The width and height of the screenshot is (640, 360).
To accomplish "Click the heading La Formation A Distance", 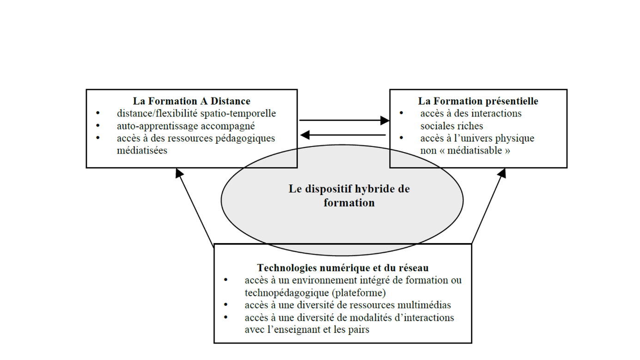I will click(191, 101).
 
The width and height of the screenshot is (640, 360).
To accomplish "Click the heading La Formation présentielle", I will click(478, 101).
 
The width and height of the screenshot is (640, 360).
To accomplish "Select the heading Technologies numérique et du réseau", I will click(342, 268).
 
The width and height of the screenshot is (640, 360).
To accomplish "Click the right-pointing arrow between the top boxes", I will click(344, 121).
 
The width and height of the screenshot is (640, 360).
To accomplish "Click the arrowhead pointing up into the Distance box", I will click(179, 173).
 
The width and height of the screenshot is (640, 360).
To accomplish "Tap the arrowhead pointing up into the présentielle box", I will click(502, 173).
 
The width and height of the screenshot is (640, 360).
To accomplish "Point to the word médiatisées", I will click(142, 151).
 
